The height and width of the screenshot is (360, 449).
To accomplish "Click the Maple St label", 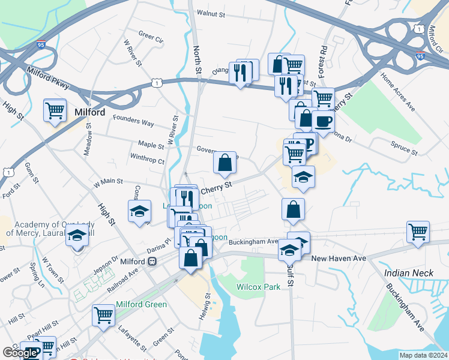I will click(x=151, y=145).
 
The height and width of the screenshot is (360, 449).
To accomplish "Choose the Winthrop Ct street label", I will click(x=147, y=161).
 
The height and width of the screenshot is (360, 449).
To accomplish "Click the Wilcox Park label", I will click(x=258, y=287).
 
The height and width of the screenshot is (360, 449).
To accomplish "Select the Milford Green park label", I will click(x=142, y=304).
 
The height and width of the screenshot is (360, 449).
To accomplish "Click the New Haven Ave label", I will click(x=339, y=258).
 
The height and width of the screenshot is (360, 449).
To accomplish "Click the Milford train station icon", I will click(x=152, y=262).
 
